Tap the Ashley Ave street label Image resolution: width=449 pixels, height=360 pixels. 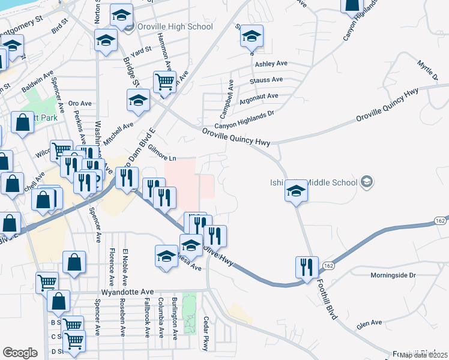[x=271, y=64]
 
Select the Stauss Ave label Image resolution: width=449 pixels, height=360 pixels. [x=268, y=80]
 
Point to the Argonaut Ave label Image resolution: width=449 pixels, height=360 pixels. [x=259, y=96]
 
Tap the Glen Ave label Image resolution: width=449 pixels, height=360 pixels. [x=369, y=323]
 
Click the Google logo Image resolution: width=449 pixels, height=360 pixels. [x=20, y=353]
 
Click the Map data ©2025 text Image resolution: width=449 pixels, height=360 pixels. [x=423, y=355]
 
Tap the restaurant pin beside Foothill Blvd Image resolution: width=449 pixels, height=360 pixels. [x=307, y=266]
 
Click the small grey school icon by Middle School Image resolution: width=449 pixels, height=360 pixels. [x=366, y=182]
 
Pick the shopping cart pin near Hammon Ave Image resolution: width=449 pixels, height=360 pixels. [x=164, y=80]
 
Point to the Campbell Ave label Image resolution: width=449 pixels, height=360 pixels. [x=226, y=100]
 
